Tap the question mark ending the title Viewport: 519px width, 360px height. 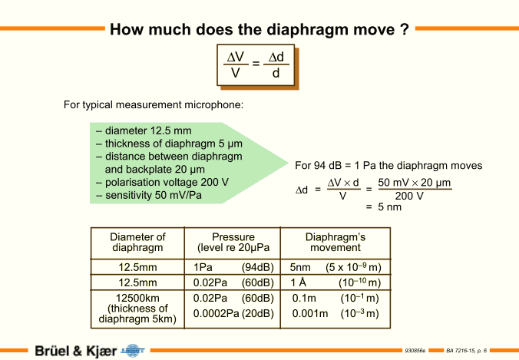tap(405, 29)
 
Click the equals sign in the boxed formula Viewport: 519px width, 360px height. tap(256, 63)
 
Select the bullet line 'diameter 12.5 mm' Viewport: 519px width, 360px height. tap(144, 130)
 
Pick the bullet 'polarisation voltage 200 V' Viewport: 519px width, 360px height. tap(163, 183)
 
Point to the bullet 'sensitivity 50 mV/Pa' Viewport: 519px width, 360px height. tap(149, 195)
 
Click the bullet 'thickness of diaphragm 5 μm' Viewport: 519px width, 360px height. tap(170, 144)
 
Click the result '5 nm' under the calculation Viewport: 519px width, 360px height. tap(389, 207)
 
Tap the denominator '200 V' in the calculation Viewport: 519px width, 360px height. tap(409, 196)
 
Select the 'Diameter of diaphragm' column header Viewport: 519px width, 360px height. tap(137, 243)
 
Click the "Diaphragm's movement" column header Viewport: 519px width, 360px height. tap(336, 243)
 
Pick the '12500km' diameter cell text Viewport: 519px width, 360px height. tap(137, 298)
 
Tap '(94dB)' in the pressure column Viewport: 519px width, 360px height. tap(257, 267)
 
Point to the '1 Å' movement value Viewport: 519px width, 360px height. tap(298, 282)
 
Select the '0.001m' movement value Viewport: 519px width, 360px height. tap(310, 313)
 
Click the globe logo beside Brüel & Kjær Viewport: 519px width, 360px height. tap(133, 350)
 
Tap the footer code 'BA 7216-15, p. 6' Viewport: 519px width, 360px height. tap(466, 350)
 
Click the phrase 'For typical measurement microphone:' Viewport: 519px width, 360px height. tap(154, 105)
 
